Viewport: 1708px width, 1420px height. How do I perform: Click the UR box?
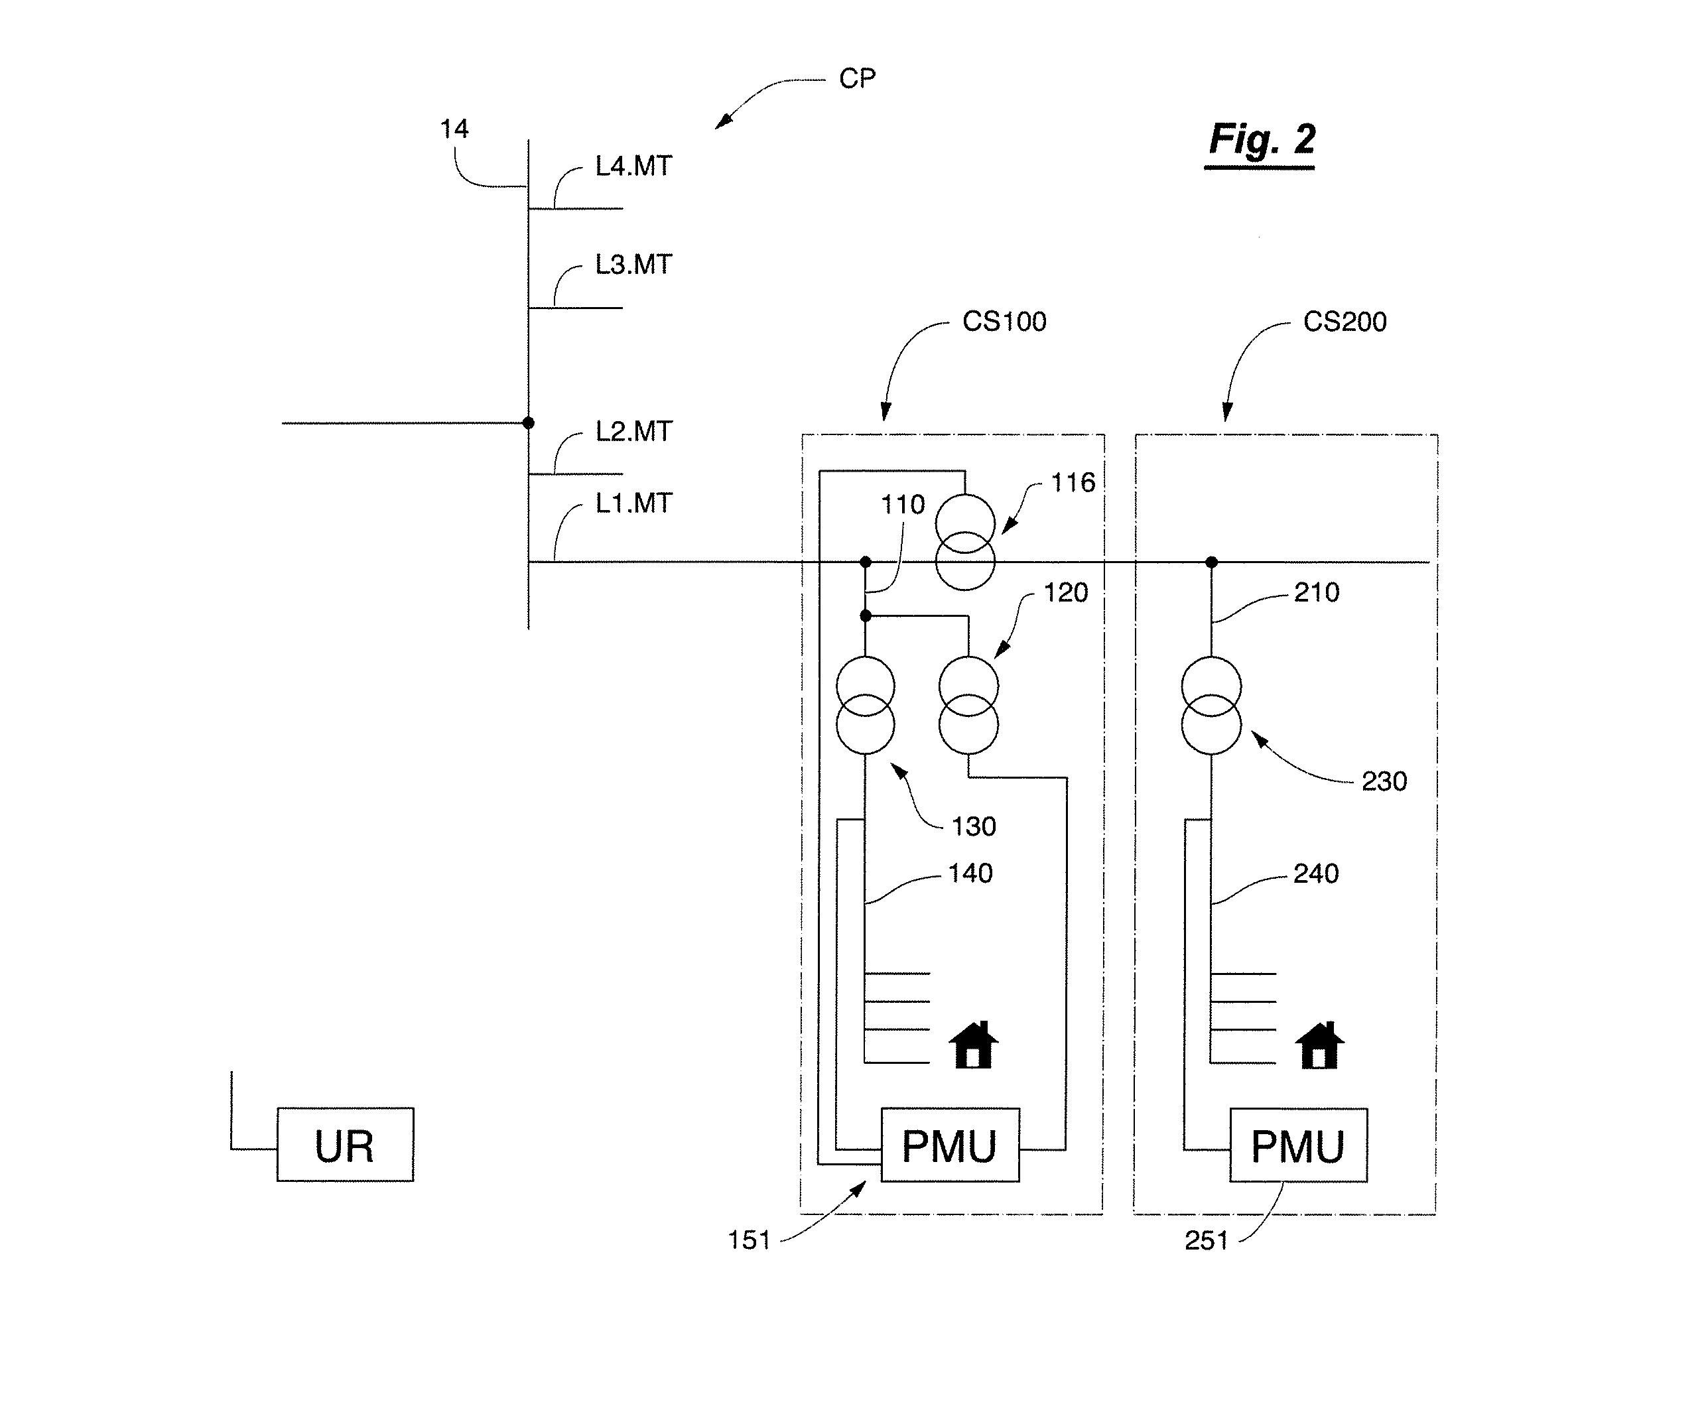pyautogui.click(x=345, y=1144)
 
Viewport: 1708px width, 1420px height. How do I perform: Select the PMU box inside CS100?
pyautogui.click(x=950, y=1144)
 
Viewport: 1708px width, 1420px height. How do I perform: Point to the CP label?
pyautogui.click(x=857, y=79)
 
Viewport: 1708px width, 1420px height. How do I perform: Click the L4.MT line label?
pyautogui.click(x=633, y=166)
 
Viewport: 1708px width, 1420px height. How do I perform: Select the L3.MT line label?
pyautogui.click(x=633, y=265)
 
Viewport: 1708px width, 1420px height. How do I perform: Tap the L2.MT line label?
pyautogui.click(x=633, y=431)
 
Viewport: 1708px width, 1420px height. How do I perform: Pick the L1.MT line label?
pyautogui.click(x=633, y=503)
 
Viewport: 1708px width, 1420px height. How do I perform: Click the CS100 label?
pyautogui.click(x=1004, y=321)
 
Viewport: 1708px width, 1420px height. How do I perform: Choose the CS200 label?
pyautogui.click(x=1345, y=321)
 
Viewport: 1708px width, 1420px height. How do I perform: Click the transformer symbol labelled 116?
pyautogui.click(x=964, y=543)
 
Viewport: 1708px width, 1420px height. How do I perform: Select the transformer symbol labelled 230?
pyautogui.click(x=1211, y=706)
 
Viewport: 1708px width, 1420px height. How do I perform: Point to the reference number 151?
pyautogui.click(x=749, y=1240)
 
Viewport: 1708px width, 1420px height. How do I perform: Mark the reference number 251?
pyautogui.click(x=1206, y=1240)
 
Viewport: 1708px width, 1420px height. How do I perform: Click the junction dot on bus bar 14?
pyautogui.click(x=528, y=423)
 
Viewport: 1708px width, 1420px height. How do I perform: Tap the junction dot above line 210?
pyautogui.click(x=1211, y=562)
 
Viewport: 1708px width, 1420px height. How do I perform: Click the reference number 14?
pyautogui.click(x=454, y=129)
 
